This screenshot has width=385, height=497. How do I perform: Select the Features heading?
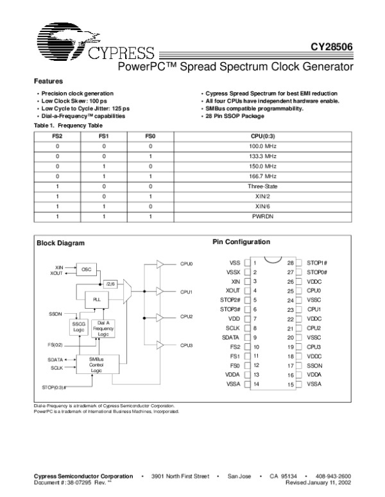48,81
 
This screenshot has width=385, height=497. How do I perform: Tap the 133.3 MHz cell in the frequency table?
262,156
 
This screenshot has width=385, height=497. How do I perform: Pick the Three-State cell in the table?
262,186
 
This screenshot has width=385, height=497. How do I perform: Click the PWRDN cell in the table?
262,216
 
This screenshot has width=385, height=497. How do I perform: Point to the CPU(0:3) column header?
262,136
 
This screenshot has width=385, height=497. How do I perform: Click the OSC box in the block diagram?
87,270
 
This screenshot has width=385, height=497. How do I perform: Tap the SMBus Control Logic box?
96,365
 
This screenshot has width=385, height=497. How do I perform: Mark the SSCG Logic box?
78,327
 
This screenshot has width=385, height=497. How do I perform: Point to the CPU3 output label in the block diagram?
187,345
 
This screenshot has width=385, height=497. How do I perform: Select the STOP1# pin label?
318,263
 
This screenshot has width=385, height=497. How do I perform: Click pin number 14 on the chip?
256,384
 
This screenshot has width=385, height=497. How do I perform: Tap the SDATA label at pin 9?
231,337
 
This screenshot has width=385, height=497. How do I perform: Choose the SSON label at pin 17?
315,365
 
